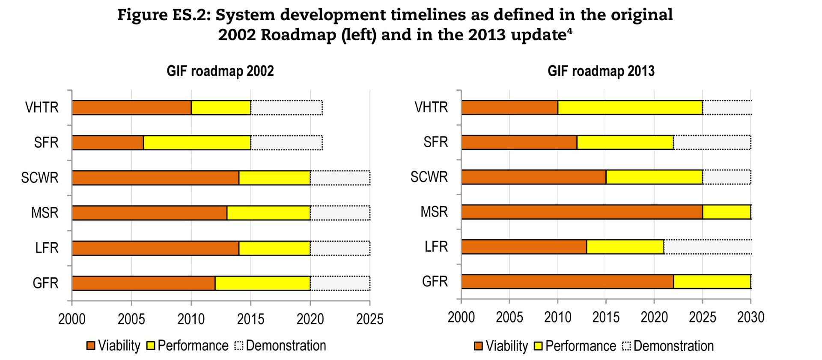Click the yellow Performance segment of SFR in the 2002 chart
tap(197, 143)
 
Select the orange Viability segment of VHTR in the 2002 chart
tap(131, 107)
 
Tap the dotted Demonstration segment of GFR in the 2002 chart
tap(340, 283)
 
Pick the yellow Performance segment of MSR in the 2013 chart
tap(727, 212)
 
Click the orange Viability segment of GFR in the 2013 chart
tap(567, 281)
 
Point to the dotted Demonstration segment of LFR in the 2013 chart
tap(707, 247)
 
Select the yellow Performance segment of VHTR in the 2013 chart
tap(630, 107)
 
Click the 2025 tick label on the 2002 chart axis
tap(369, 319)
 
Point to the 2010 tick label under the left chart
tap(191, 319)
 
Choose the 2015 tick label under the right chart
tap(606, 317)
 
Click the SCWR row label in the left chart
tap(40, 177)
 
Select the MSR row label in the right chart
tap(434, 211)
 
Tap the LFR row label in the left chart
tap(47, 248)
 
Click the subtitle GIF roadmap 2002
tap(220, 71)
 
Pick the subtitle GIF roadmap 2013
tap(601, 71)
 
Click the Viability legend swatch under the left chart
tap(90, 346)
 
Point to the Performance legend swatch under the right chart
tap(538, 346)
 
